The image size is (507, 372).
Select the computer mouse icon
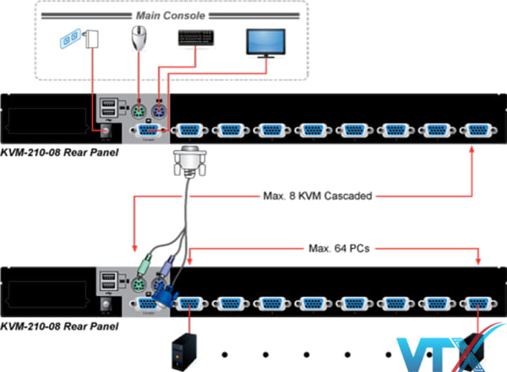tap(139, 39)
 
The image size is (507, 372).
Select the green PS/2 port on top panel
tap(140, 110)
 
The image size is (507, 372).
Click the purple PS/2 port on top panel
tap(160, 110)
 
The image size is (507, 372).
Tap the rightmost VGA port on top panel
tap(477, 130)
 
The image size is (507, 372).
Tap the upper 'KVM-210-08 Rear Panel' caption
tap(60, 153)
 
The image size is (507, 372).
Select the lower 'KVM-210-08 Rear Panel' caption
tap(60, 326)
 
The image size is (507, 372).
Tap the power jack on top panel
tap(107, 130)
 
